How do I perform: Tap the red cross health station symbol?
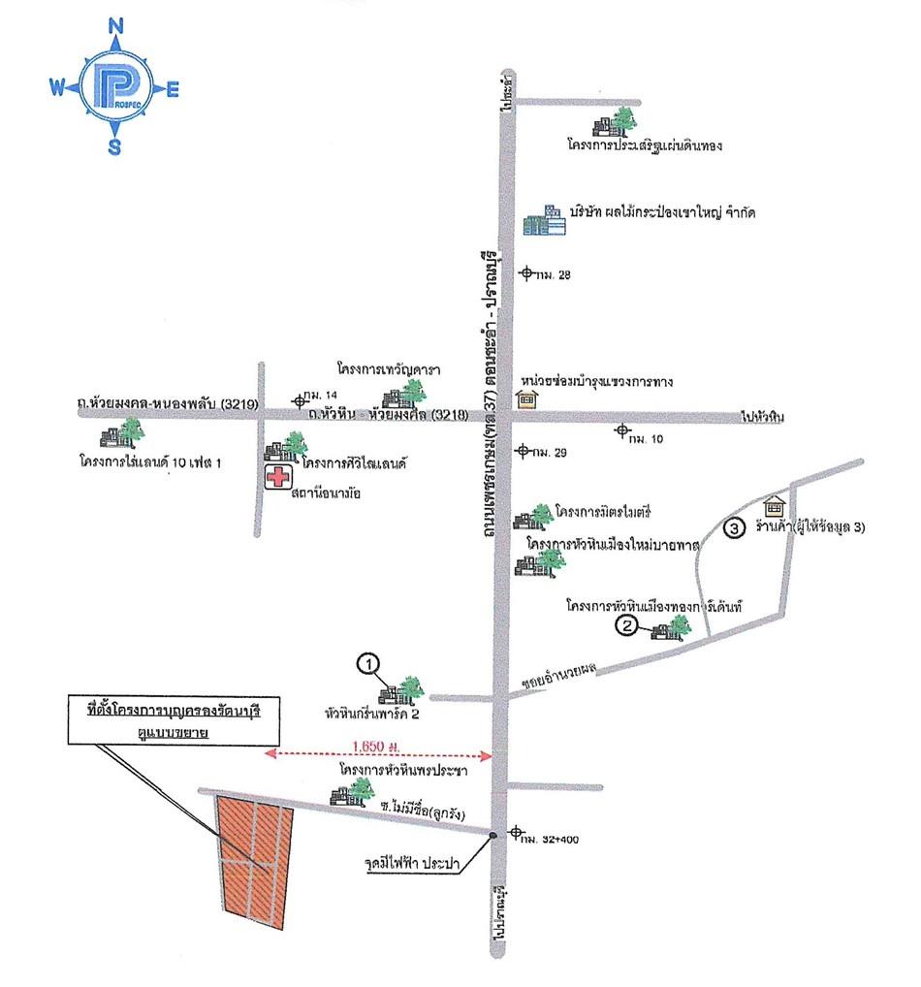pos(278,478)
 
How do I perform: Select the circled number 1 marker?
pos(367,664)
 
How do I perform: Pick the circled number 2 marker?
pos(627,626)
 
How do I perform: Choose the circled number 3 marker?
pos(736,528)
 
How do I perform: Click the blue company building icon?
pos(543,221)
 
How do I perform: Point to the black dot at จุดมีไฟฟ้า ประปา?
pos(493,834)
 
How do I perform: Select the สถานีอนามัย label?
pos(332,493)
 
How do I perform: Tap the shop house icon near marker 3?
pos(774,506)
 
